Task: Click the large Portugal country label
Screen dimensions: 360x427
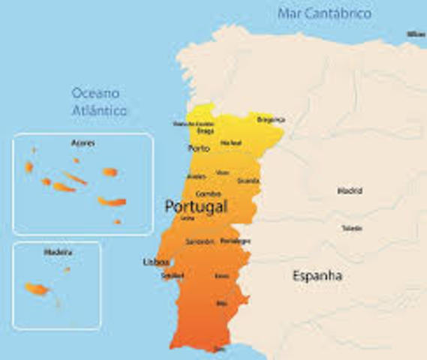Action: point(195,205)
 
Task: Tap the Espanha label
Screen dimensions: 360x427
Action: point(317,276)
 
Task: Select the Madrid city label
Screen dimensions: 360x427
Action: point(349,190)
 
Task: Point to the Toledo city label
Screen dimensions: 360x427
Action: point(351,228)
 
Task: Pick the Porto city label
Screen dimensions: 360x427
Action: point(199,148)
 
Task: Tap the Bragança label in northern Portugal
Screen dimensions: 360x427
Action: point(271,119)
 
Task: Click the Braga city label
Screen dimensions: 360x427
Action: point(205,130)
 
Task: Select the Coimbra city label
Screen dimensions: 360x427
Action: point(208,193)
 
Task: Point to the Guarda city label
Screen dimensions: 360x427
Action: point(248,181)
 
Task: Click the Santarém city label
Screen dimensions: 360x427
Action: point(200,241)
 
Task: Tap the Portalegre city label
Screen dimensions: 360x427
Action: point(235,241)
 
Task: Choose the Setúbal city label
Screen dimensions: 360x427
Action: point(172,275)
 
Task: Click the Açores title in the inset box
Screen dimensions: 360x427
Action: point(81,142)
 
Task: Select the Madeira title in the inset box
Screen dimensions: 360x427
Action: point(56,253)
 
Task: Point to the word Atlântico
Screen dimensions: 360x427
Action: point(100,110)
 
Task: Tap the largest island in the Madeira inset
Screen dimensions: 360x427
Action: point(36,289)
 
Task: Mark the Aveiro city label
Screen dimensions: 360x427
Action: point(196,176)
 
